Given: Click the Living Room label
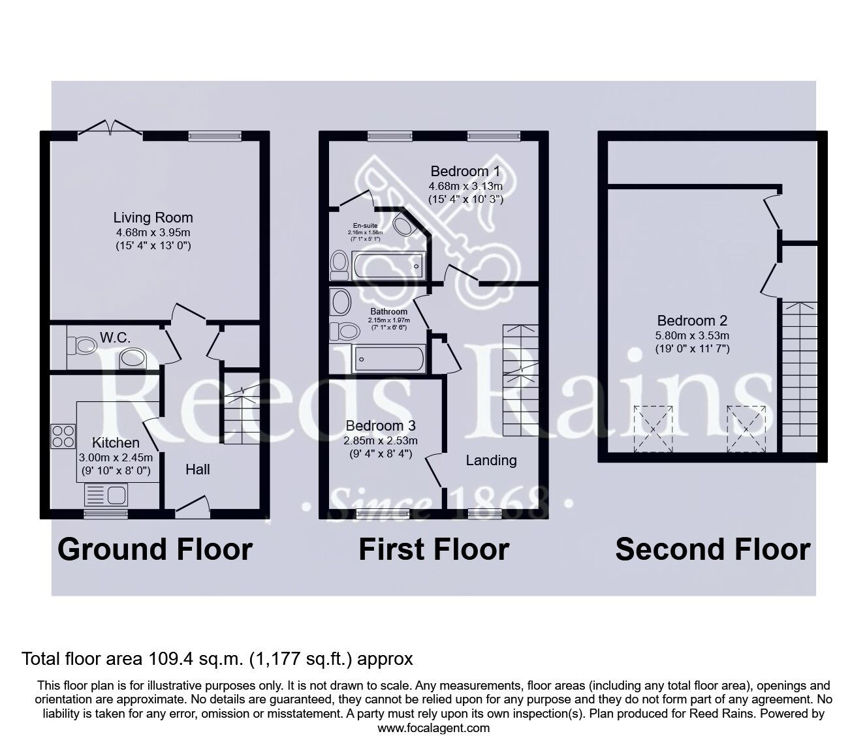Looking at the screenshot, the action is [153, 218].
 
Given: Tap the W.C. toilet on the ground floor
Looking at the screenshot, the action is [82, 346].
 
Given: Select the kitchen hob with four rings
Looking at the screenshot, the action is [63, 436].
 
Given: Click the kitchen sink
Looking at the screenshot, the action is [106, 495].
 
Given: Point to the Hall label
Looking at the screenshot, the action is [198, 469].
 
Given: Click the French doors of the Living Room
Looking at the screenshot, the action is [110, 128].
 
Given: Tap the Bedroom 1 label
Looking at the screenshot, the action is [465, 171].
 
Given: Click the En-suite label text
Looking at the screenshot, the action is [365, 226].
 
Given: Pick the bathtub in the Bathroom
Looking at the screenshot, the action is [389, 358].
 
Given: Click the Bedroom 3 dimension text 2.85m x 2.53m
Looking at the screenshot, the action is [381, 440].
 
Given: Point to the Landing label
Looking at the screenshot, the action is [491, 461].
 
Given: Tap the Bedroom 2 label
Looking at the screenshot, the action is [692, 321].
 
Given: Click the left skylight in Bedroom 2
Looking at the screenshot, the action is [653, 429].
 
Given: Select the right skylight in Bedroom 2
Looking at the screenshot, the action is [746, 429].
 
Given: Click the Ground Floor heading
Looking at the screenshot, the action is [155, 550].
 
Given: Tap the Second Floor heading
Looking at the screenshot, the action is [713, 550].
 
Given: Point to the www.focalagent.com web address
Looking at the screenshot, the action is [433, 728].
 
